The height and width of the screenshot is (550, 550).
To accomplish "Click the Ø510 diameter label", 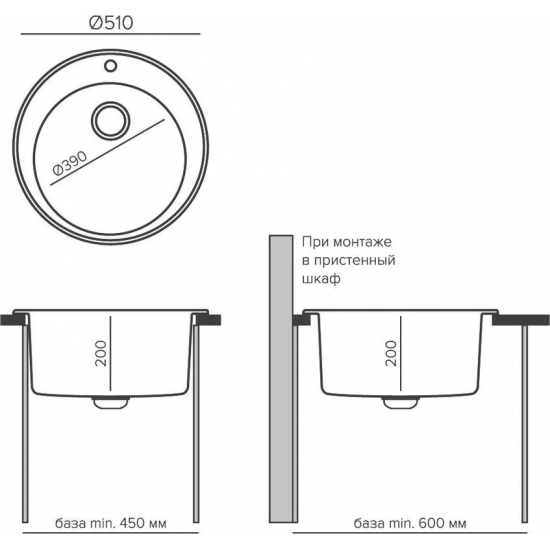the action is coord(111,23).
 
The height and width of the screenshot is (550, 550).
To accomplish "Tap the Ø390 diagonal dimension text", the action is coord(70,163).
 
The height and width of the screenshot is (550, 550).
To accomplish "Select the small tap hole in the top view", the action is coord(110,66).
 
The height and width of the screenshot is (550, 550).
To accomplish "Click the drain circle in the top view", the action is coord(110,121).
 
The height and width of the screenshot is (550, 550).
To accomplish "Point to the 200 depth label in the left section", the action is coord(101,353).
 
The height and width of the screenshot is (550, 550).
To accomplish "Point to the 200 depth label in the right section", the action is coord(391,353).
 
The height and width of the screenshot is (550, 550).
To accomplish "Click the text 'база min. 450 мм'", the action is coord(111,523).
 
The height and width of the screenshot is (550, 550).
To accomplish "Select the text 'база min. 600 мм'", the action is coord(410,523).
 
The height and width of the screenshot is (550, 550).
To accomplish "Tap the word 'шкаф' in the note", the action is coord(321,279).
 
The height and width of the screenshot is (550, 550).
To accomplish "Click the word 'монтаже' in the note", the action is coord(362,242).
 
